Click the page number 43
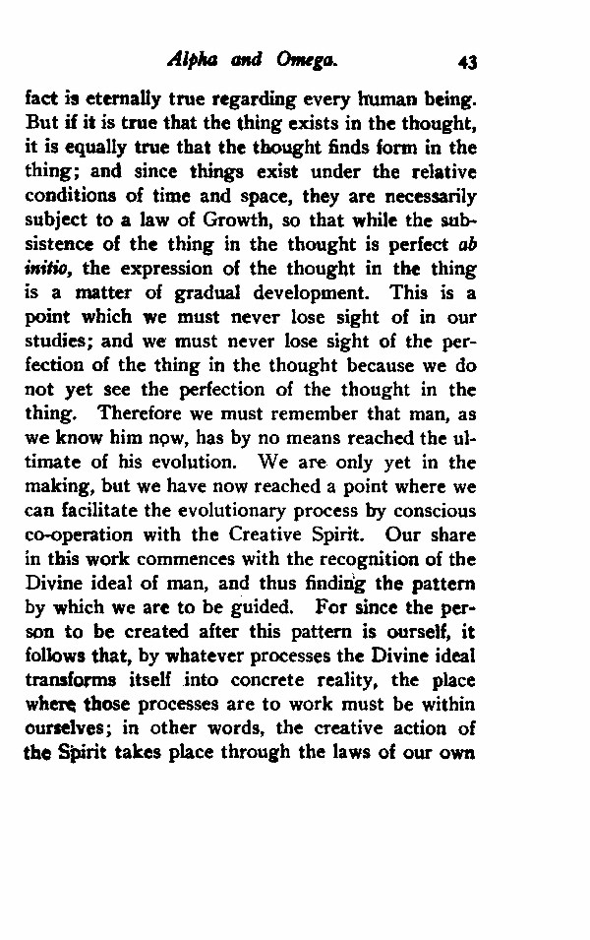coord(467,62)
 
